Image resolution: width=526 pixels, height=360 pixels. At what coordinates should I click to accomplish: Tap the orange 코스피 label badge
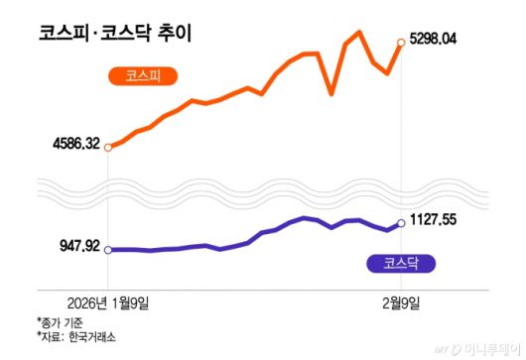pos(141,75)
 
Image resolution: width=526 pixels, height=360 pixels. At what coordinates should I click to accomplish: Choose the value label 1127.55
pos(436,220)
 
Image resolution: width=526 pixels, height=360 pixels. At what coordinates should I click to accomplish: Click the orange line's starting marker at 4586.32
pos(108,148)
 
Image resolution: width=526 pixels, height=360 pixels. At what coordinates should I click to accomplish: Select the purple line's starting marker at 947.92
pos(108,250)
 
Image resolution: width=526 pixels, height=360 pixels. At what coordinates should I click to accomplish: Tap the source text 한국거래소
pos(90,338)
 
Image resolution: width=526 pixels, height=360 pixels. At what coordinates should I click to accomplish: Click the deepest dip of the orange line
pos(331,94)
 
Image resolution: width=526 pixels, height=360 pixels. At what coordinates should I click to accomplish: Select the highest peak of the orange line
pos(358,33)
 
